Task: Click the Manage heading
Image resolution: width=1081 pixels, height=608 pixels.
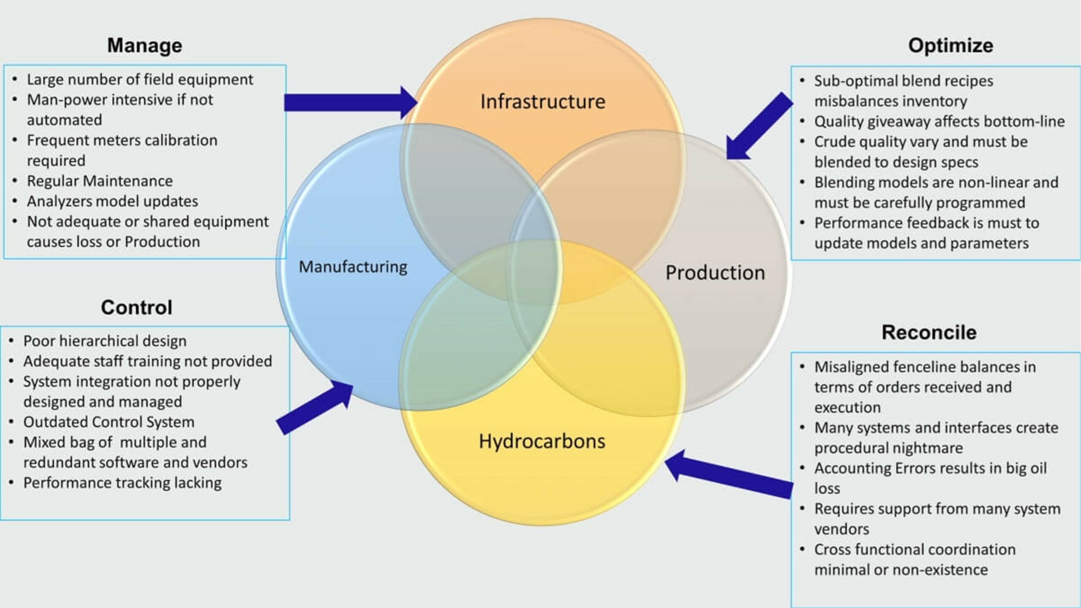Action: pyautogui.click(x=144, y=46)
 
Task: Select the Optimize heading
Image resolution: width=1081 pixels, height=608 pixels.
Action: pyautogui.click(x=951, y=46)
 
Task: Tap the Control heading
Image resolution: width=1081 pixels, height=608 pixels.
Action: pyautogui.click(x=136, y=307)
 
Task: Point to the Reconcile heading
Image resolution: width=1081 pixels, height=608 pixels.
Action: pyautogui.click(x=929, y=332)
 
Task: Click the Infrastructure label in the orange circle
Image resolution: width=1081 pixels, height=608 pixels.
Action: pyautogui.click(x=543, y=102)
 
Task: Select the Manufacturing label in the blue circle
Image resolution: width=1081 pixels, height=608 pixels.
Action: pyautogui.click(x=353, y=267)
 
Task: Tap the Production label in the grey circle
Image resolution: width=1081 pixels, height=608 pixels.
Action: pyautogui.click(x=715, y=273)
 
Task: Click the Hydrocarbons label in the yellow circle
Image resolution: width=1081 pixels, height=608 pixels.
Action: pyautogui.click(x=542, y=442)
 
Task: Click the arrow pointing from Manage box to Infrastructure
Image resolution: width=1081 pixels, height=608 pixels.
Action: pyautogui.click(x=350, y=103)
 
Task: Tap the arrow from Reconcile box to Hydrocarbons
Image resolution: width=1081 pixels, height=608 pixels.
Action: pyautogui.click(x=728, y=474)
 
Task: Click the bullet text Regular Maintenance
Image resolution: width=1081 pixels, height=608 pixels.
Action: pyautogui.click(x=100, y=181)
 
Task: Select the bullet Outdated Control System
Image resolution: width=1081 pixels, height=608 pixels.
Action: pyautogui.click(x=109, y=422)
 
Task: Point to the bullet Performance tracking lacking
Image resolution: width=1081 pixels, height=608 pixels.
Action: pyautogui.click(x=122, y=483)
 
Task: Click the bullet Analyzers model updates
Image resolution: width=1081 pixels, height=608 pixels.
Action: pyautogui.click(x=112, y=201)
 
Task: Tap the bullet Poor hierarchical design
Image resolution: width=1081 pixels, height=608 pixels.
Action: pyautogui.click(x=105, y=341)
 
